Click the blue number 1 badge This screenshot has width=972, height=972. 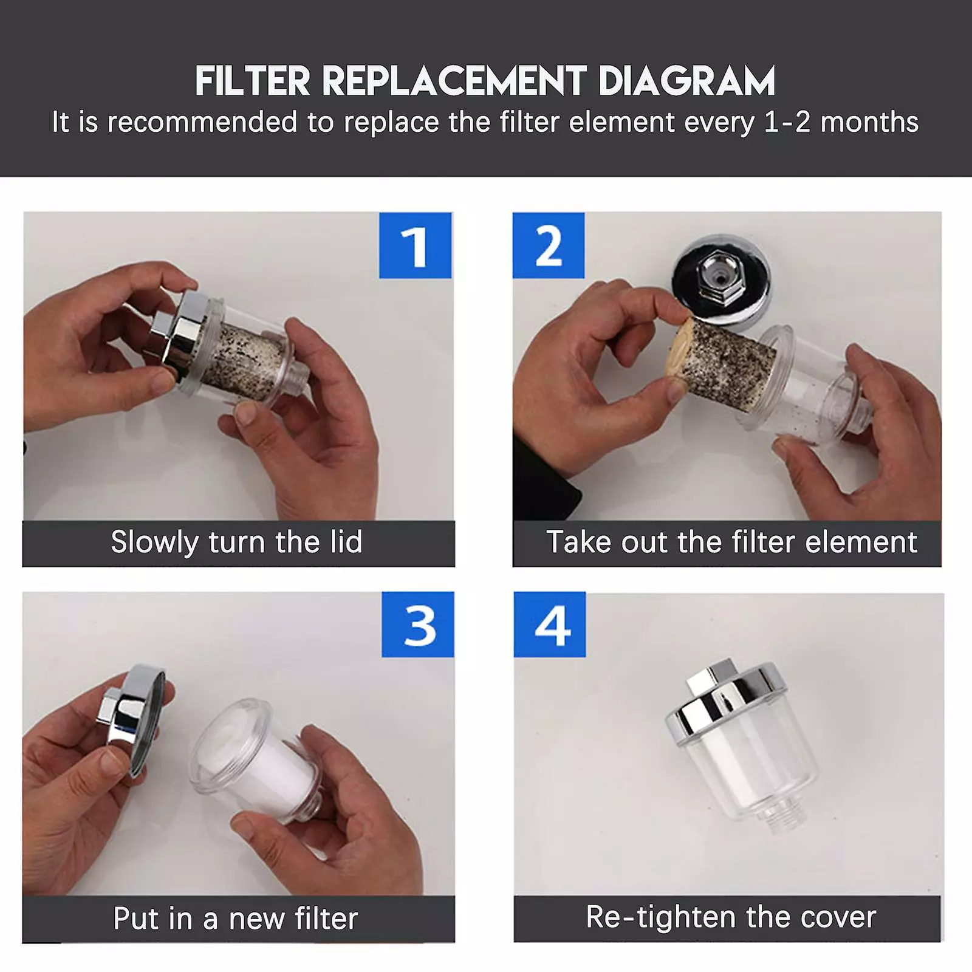(415, 245)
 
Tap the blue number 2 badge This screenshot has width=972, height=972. (549, 245)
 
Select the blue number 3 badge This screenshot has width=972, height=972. (418, 625)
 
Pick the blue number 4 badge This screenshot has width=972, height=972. (550, 625)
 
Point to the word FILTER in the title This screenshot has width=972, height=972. (253, 81)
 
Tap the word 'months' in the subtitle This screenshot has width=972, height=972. (869, 123)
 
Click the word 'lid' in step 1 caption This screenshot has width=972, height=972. (345, 542)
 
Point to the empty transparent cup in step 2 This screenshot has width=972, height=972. (808, 389)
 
